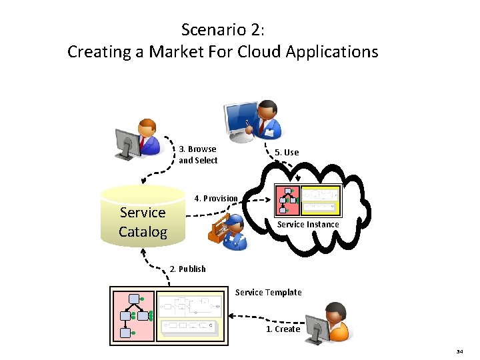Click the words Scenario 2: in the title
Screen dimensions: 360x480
pyautogui.click(x=223, y=30)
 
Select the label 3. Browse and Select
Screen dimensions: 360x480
pyautogui.click(x=198, y=155)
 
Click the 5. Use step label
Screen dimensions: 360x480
pyautogui.click(x=287, y=153)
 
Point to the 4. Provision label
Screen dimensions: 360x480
pyautogui.click(x=215, y=199)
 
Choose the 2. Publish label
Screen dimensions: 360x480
pyautogui.click(x=188, y=269)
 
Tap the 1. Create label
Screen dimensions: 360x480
pyautogui.click(x=283, y=329)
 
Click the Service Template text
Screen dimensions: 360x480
pyautogui.click(x=268, y=293)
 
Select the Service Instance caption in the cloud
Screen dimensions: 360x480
pyautogui.click(x=307, y=225)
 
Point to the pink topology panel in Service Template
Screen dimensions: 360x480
pyautogui.click(x=133, y=314)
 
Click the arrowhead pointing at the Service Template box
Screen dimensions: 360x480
pyautogui.click(x=229, y=315)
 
